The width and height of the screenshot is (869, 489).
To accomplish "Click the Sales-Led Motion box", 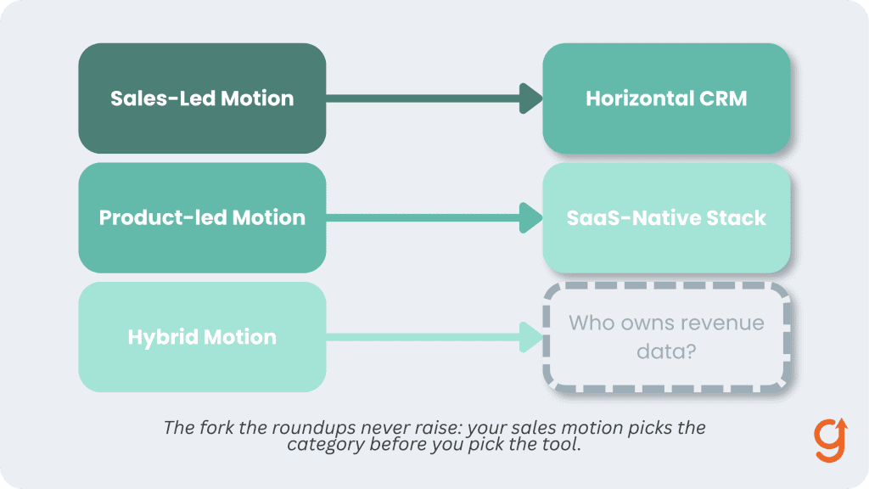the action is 202,98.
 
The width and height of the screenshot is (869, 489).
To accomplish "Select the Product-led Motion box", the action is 202,217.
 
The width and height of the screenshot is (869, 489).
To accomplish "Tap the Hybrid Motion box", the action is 202,337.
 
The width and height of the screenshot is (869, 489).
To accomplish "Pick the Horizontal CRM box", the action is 666,98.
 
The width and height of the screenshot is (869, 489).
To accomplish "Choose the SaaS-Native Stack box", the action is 666,217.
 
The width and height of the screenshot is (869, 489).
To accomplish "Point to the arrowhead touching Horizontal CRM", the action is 531,98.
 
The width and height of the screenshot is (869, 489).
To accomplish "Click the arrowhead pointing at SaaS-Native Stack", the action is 531,217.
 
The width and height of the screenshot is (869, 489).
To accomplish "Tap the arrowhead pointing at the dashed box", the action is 531,337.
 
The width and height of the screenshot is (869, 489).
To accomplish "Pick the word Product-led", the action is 162,218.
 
